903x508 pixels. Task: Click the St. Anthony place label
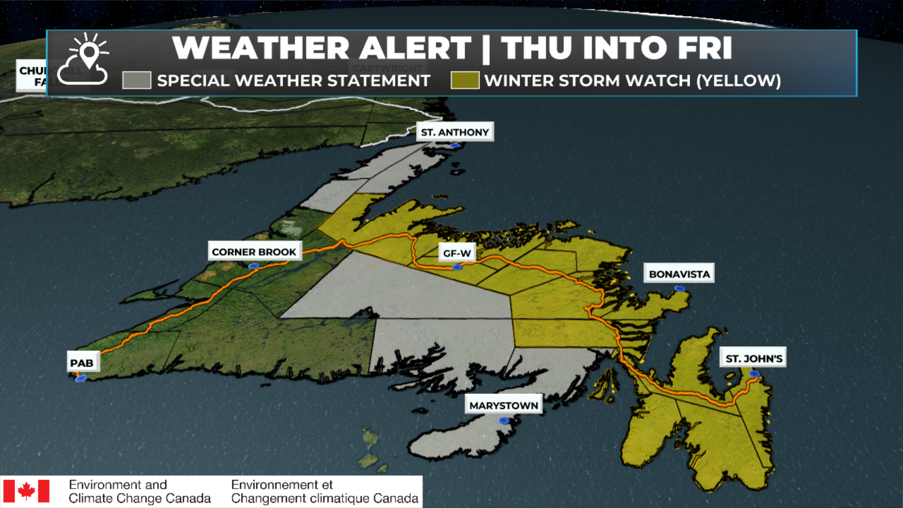click(x=455, y=132)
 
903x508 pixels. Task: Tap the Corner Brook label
click(x=254, y=252)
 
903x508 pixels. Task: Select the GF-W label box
click(x=457, y=253)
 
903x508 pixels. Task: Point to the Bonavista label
click(x=679, y=274)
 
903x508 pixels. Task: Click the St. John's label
click(x=753, y=358)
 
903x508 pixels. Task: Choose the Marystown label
click(x=503, y=405)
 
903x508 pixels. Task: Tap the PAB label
click(x=82, y=363)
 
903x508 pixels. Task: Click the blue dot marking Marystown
click(x=504, y=421)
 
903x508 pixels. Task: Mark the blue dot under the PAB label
click(x=81, y=378)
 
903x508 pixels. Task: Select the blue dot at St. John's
click(x=754, y=374)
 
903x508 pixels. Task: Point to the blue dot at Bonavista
click(x=680, y=288)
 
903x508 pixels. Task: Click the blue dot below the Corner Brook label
click(x=253, y=266)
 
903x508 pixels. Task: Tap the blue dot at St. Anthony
click(x=455, y=146)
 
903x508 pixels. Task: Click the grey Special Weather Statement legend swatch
click(x=136, y=80)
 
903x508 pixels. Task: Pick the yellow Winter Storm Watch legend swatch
click(x=465, y=80)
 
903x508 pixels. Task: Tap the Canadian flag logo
click(x=26, y=491)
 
